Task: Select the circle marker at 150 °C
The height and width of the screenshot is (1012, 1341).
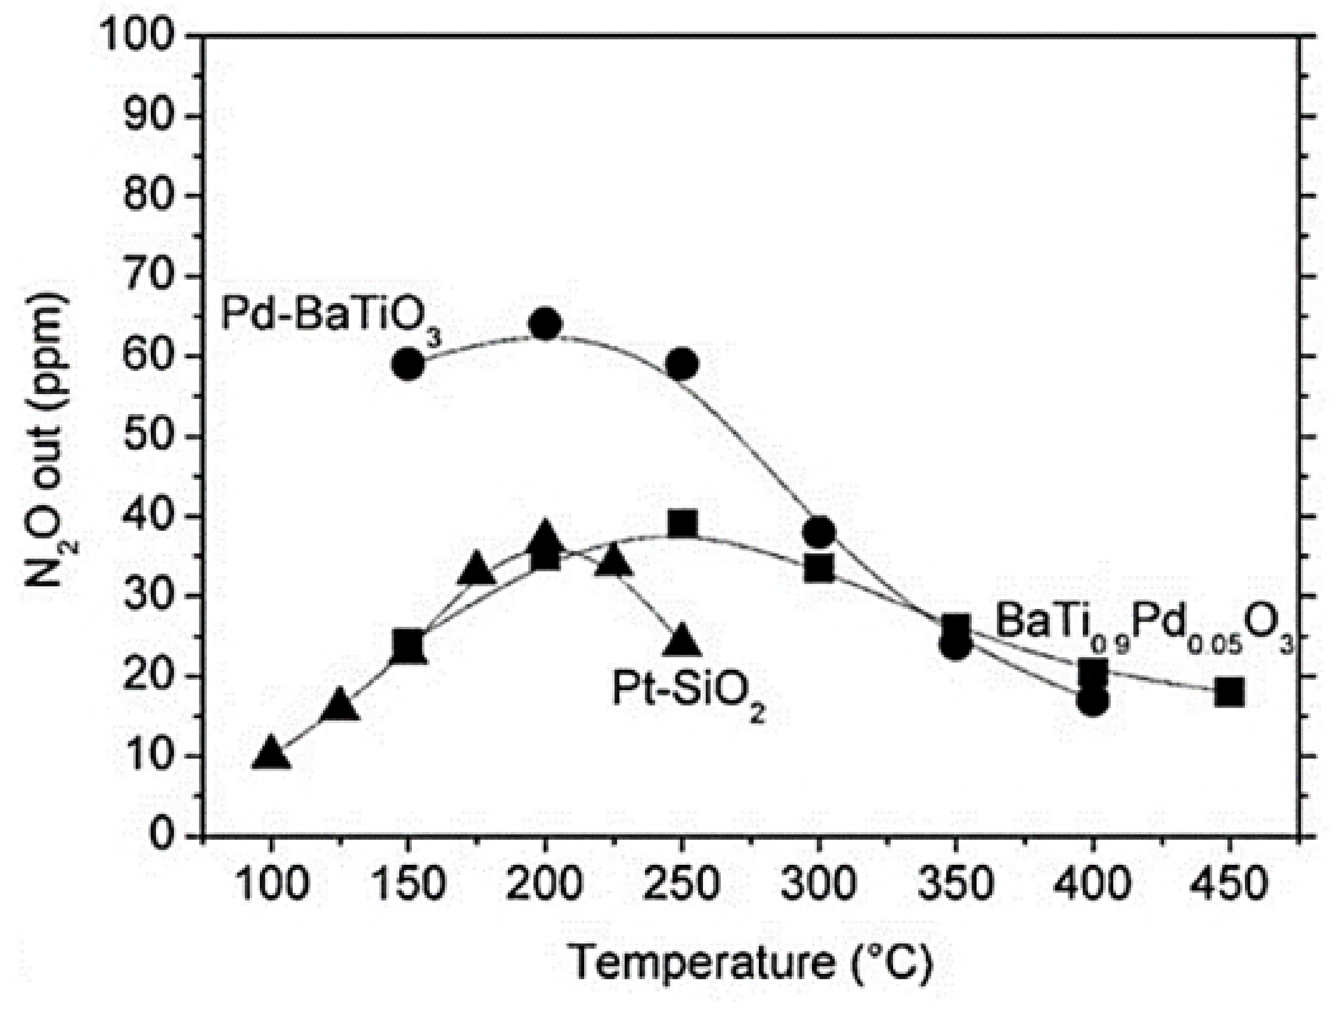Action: point(409,364)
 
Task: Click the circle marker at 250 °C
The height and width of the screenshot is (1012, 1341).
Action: point(683,364)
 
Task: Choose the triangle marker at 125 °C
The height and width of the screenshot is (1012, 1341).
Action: point(340,705)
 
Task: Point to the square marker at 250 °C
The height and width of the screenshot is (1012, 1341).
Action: point(683,524)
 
